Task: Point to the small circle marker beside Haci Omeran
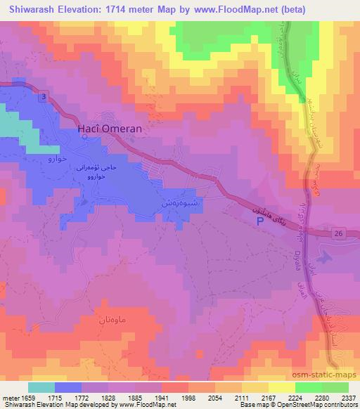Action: click(x=84, y=137)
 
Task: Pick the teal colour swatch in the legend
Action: click(x=42, y=387)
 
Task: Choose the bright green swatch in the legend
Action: click(x=309, y=387)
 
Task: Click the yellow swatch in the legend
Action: click(x=282, y=387)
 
